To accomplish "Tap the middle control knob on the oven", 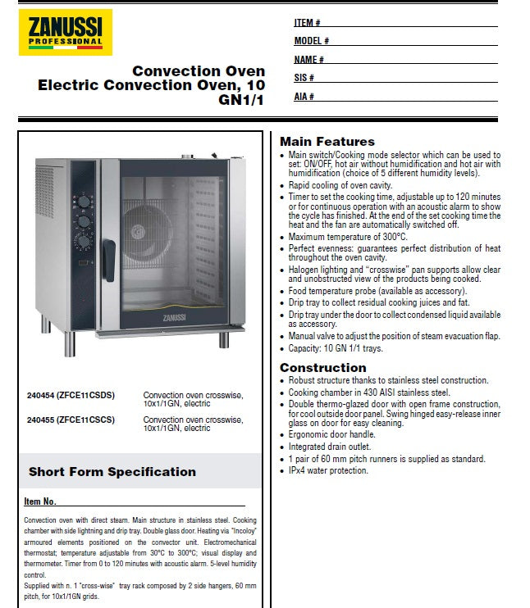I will click(x=85, y=220).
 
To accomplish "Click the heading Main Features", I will click(x=327, y=142).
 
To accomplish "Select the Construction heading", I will click(x=322, y=367).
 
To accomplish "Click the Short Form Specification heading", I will click(x=112, y=472).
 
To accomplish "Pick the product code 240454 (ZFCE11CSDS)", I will click(x=71, y=395).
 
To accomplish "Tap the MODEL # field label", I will click(x=311, y=41).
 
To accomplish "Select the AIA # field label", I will click(x=304, y=97).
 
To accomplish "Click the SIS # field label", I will click(x=304, y=78).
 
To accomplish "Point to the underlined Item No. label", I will click(x=40, y=501).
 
